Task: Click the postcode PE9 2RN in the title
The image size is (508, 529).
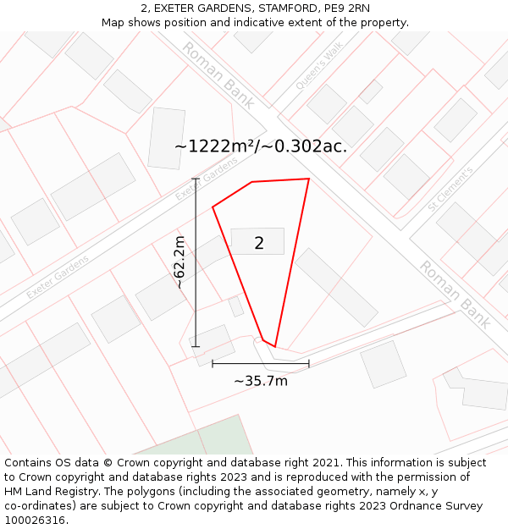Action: (x=345, y=8)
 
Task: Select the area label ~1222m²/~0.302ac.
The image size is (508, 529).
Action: (x=261, y=146)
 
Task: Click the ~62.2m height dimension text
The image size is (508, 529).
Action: (x=179, y=262)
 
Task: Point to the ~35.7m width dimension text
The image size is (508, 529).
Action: (x=261, y=381)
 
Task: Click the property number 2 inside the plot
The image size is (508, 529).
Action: (x=259, y=244)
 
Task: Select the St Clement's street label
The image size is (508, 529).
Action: (x=450, y=189)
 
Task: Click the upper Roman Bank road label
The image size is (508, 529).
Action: (x=218, y=76)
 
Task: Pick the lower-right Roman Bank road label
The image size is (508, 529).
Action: (x=456, y=295)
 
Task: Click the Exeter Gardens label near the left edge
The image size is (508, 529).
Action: (x=57, y=278)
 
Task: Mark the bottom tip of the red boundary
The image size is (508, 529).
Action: (x=274, y=347)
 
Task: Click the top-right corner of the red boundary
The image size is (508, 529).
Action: (x=308, y=179)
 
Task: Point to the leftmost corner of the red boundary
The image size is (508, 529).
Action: (x=213, y=207)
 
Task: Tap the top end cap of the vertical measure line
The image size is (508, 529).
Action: (x=196, y=179)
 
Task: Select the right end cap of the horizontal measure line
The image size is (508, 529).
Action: (x=308, y=364)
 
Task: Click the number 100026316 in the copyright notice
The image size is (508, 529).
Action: (x=36, y=521)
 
